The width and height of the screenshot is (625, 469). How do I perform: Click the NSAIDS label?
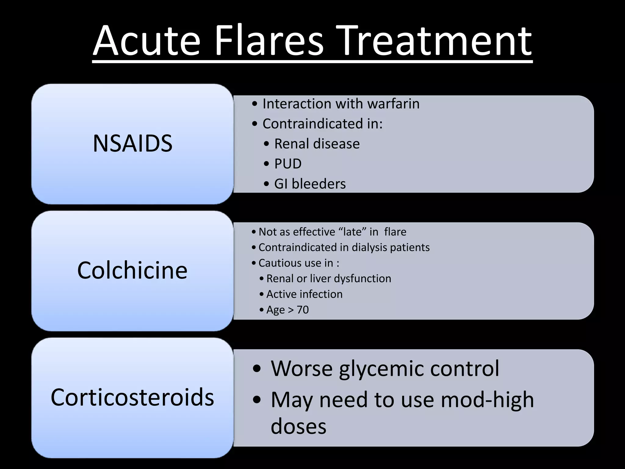[132, 144]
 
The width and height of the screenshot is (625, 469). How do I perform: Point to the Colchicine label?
[132, 271]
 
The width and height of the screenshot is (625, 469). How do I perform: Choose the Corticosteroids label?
[132, 398]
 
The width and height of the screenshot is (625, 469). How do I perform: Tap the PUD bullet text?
[287, 164]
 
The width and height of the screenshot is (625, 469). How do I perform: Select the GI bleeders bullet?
[310, 184]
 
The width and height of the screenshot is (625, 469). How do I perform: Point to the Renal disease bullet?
[317, 144]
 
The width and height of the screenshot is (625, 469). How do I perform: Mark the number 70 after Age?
[303, 310]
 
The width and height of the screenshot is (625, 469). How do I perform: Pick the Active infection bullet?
[304, 294]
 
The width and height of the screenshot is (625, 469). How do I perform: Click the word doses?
[298, 427]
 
